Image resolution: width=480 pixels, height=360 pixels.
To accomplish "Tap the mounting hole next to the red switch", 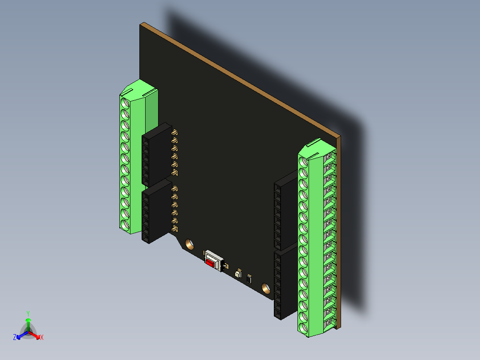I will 189,244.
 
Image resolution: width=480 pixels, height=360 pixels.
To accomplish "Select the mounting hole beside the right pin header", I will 266,288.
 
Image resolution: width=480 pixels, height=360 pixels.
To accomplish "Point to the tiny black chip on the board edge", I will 249,279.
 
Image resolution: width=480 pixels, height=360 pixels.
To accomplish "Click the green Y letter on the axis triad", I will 28,313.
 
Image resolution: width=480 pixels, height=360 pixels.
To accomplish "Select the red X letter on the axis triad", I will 42,338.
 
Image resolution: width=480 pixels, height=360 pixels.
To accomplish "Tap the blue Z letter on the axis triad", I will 15,338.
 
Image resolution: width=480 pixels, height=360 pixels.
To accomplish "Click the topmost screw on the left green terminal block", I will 125,103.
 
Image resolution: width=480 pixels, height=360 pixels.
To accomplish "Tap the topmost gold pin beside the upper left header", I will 175,132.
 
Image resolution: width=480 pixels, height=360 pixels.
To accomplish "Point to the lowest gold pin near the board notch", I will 175,229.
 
